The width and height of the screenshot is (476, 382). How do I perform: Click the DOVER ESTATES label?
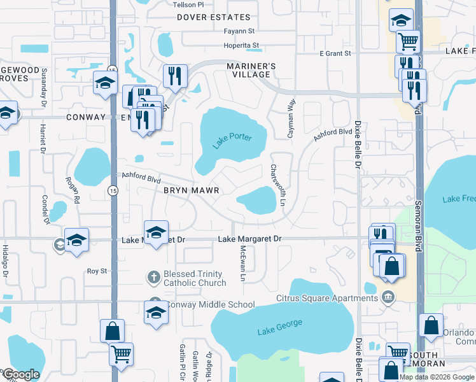point(214,17)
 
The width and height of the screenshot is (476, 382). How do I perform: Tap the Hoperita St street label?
point(241,45)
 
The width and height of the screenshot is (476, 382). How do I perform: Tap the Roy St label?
point(97,271)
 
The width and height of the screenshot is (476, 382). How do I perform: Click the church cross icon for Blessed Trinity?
point(153,277)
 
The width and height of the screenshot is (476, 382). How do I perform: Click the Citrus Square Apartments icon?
point(388,297)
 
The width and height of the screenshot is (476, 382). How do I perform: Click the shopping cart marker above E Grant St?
point(408,41)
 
